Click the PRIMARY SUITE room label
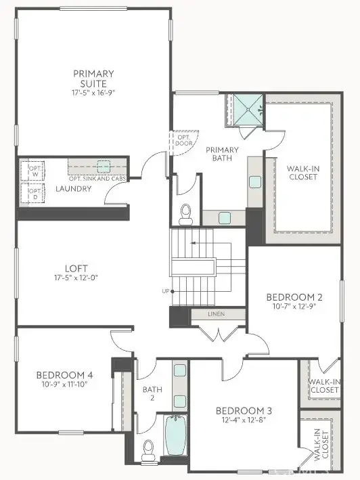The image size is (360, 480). [94, 78]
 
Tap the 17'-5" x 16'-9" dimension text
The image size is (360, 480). [94, 91]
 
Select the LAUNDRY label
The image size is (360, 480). [73, 188]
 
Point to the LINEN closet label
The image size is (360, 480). [217, 314]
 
